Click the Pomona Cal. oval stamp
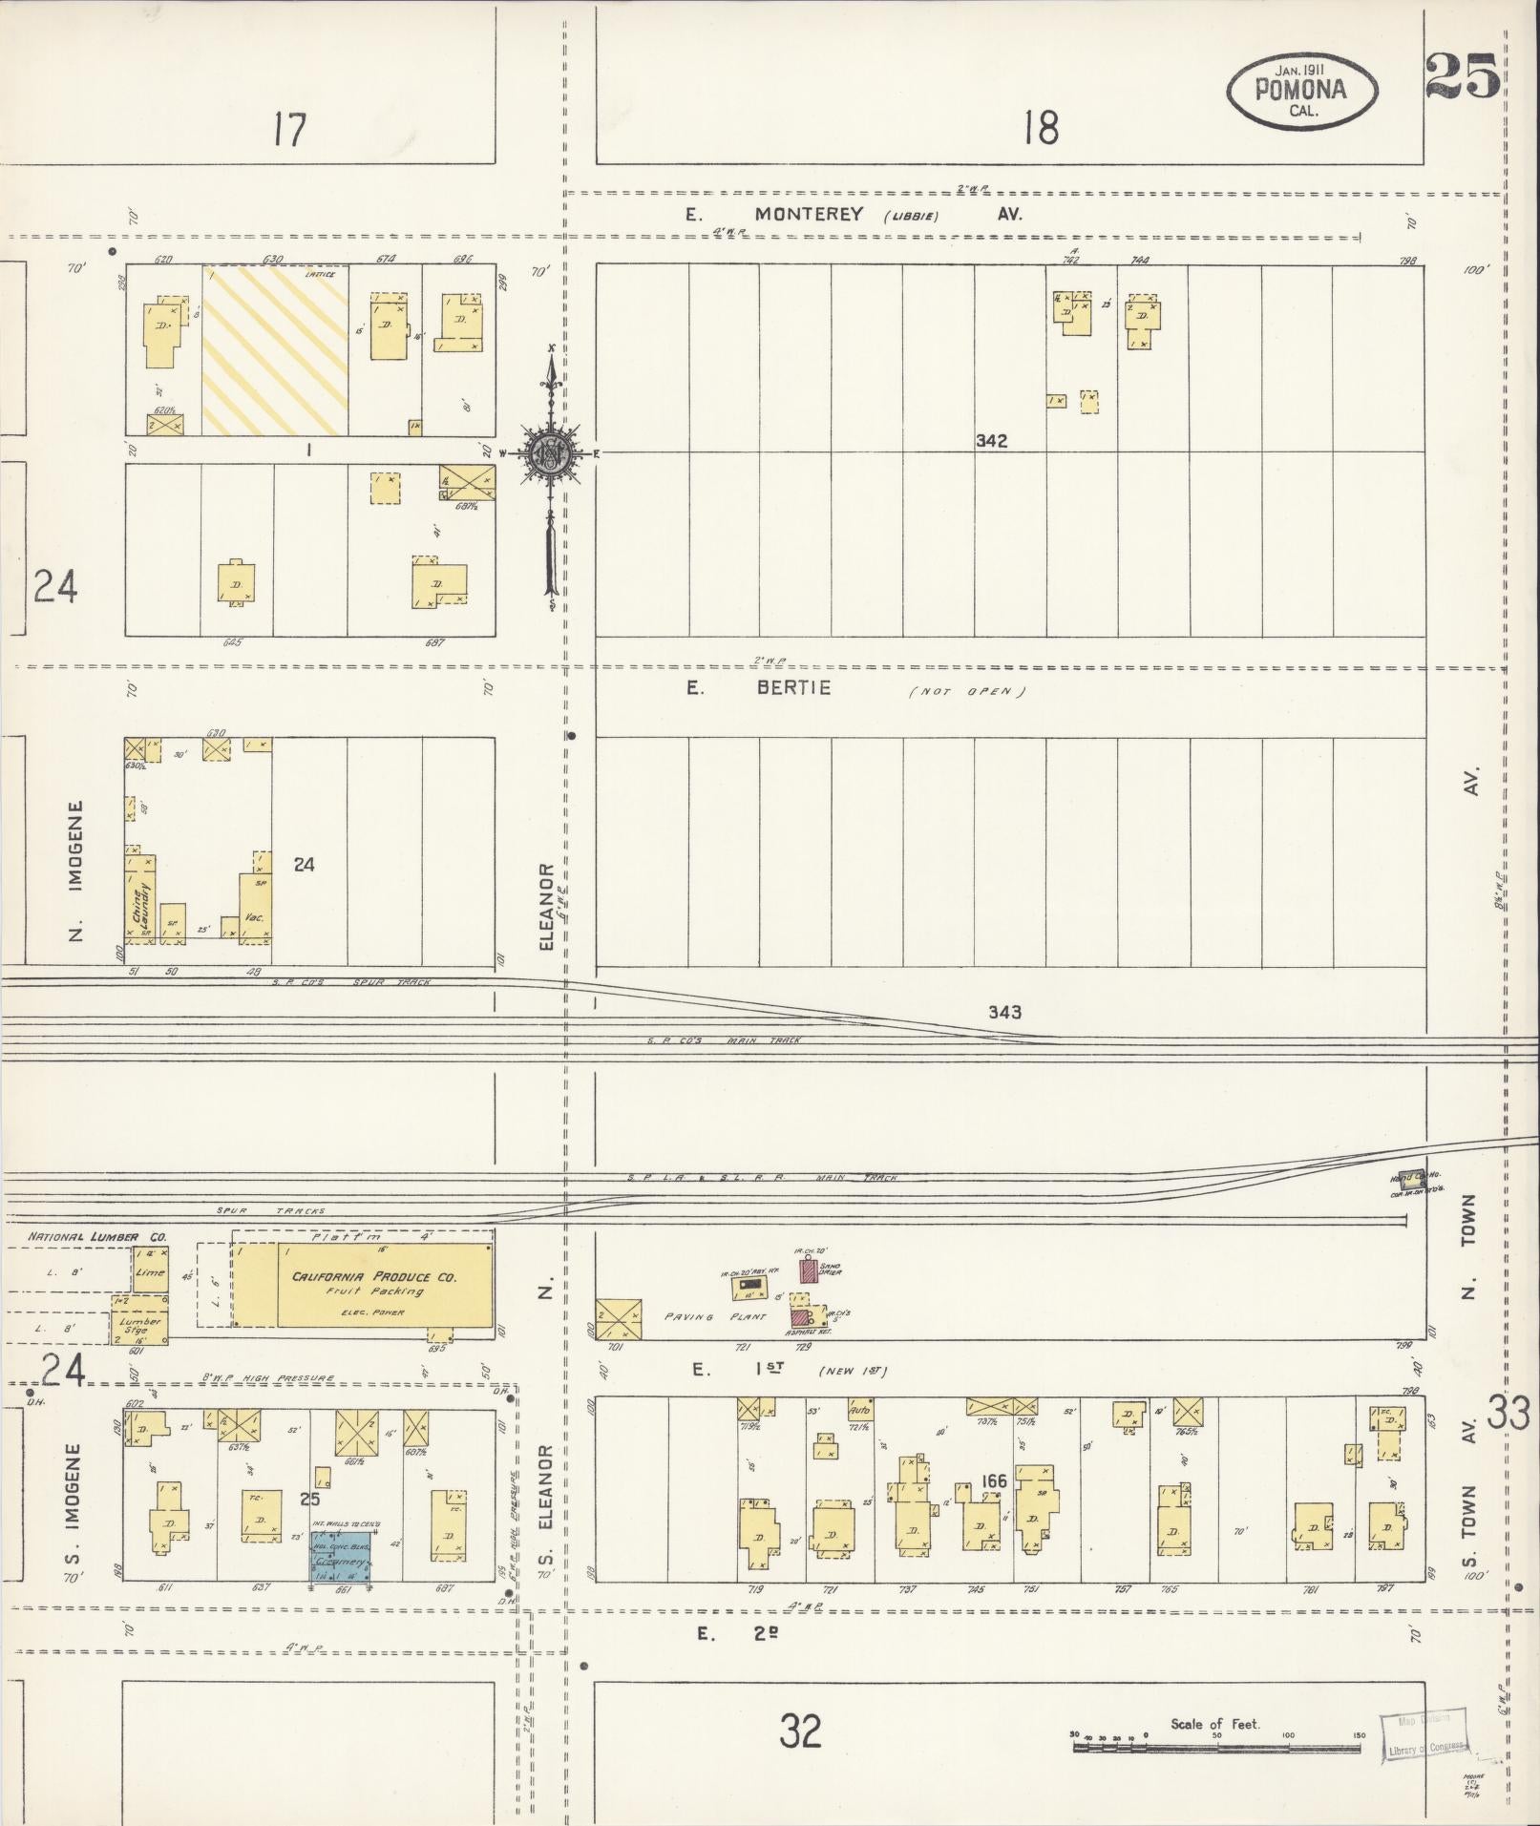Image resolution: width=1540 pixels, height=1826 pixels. coord(1302,91)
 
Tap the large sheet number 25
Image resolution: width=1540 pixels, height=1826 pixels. coord(1461,76)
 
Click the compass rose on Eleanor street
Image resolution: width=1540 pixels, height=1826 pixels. coord(551,454)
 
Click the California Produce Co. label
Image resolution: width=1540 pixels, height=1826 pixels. coord(374,1277)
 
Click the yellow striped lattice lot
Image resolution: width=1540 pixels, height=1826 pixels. coord(275,349)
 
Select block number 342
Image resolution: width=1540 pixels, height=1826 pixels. coord(991,441)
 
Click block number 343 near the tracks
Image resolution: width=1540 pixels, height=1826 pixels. coord(1004,1012)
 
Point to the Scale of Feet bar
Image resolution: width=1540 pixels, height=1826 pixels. coord(1216,1748)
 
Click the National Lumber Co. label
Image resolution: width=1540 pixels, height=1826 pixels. coord(96,1237)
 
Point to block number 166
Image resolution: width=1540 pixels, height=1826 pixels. coord(994,1481)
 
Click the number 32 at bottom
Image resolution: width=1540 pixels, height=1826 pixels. coord(800,1730)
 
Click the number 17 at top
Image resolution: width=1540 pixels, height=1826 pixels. coord(288,129)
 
